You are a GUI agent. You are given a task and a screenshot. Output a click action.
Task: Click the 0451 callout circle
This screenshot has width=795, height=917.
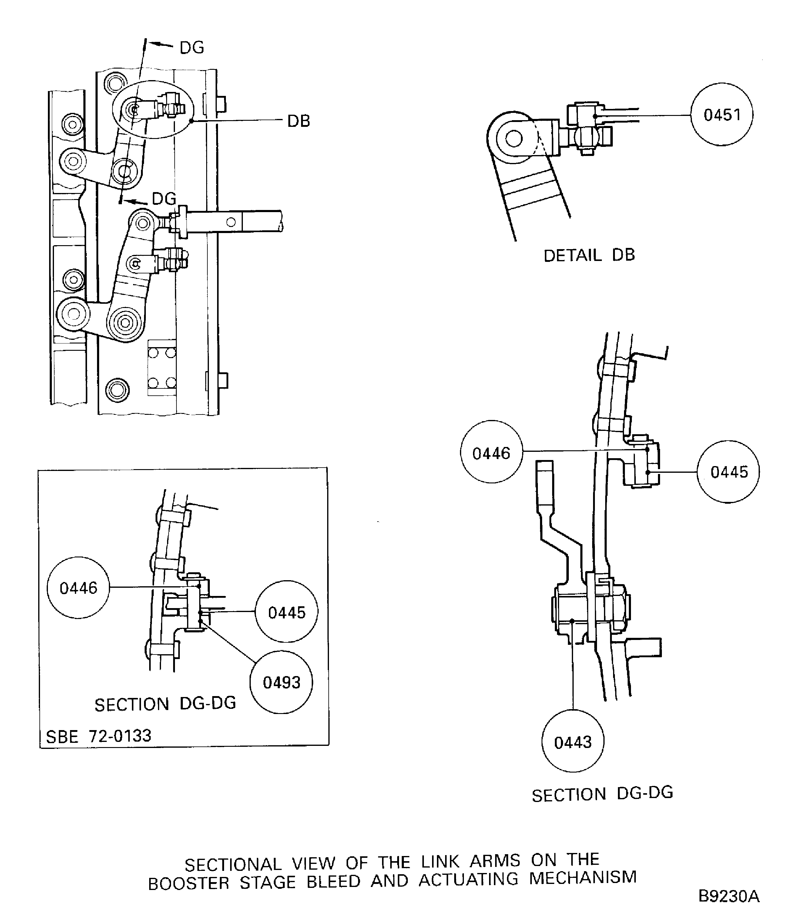point(722,115)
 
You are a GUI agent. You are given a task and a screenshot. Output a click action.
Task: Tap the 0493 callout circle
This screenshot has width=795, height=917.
point(281,682)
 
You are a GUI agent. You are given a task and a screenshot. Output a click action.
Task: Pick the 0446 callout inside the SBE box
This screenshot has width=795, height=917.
point(78,587)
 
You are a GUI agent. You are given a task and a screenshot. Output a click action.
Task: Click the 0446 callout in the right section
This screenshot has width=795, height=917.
point(491,451)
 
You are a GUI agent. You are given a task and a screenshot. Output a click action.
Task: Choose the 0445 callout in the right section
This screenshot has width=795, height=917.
point(729,472)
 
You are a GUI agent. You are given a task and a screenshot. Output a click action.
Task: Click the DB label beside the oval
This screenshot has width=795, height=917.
point(299,121)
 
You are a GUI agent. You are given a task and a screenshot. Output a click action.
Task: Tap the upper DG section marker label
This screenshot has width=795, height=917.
point(192,48)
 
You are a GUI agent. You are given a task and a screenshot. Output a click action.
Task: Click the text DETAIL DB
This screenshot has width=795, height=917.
point(589,255)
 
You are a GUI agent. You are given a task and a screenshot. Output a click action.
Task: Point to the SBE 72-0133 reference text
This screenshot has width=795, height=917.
point(99,736)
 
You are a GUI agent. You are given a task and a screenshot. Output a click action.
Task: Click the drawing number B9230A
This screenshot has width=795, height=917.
point(729,896)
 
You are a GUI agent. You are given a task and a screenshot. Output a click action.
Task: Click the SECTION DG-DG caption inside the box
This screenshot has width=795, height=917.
point(165,704)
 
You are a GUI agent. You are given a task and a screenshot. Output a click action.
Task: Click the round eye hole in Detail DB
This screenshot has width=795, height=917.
point(513,139)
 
